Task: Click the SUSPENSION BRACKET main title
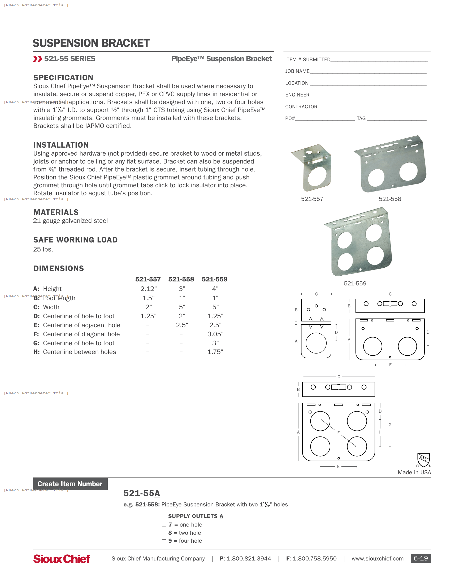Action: coord(91,43)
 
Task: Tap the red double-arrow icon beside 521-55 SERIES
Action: coord(38,59)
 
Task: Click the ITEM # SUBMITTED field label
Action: coord(307,60)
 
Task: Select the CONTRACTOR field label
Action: coord(301,107)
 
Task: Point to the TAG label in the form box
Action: coord(361,118)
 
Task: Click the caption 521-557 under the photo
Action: coord(312,199)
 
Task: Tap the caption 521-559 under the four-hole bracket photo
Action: coord(355,284)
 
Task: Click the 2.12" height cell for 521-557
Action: coord(148,289)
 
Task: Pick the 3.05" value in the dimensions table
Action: coord(215,334)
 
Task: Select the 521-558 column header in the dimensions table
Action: coord(181,279)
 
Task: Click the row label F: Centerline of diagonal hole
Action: coord(77,334)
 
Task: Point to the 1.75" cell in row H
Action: coord(215,352)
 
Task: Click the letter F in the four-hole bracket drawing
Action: coord(338,433)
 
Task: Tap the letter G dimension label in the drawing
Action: coord(390,425)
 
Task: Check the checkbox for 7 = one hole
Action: coord(164,525)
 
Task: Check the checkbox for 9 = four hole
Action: coord(164,541)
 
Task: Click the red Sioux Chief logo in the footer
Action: coord(62,559)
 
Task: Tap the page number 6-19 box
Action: coord(420,558)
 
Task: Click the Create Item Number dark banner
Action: coord(70,484)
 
